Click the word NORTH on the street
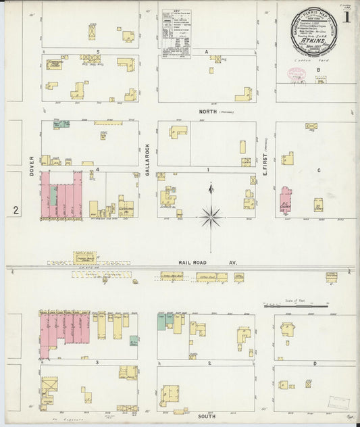pyautogui.click(x=208, y=111)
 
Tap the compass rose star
pyautogui.click(x=211, y=218)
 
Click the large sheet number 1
pyautogui.click(x=346, y=16)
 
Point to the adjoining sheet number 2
pyautogui.click(x=15, y=210)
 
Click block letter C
pyautogui.click(x=317, y=170)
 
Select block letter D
pyautogui.click(x=315, y=363)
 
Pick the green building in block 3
pyautogui.click(x=134, y=341)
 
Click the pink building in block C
pyautogui.click(x=285, y=199)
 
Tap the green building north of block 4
pyautogui.click(x=61, y=124)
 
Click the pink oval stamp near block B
pyautogui.click(x=297, y=75)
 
